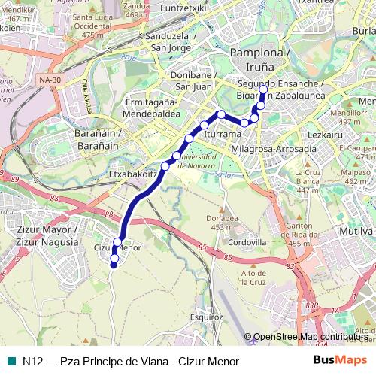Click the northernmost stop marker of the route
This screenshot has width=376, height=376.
pyautogui.click(x=263, y=91)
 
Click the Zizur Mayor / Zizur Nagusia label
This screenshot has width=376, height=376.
pyautogui.click(x=46, y=236)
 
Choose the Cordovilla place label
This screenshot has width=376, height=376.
pyautogui.click(x=247, y=243)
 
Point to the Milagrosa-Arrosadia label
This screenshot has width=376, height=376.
pyautogui.click(x=274, y=149)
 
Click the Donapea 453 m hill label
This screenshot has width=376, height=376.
pyautogui.click(x=221, y=222)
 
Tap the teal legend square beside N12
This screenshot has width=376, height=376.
pyautogui.click(x=11, y=361)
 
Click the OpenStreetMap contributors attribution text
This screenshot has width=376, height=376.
pyautogui.click(x=310, y=338)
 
